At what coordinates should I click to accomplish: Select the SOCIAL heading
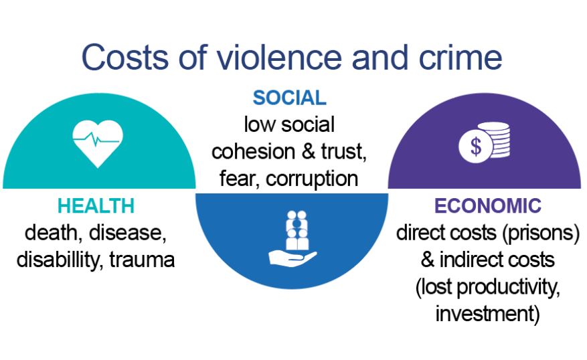[x=289, y=98]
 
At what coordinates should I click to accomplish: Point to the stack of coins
[x=499, y=141]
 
